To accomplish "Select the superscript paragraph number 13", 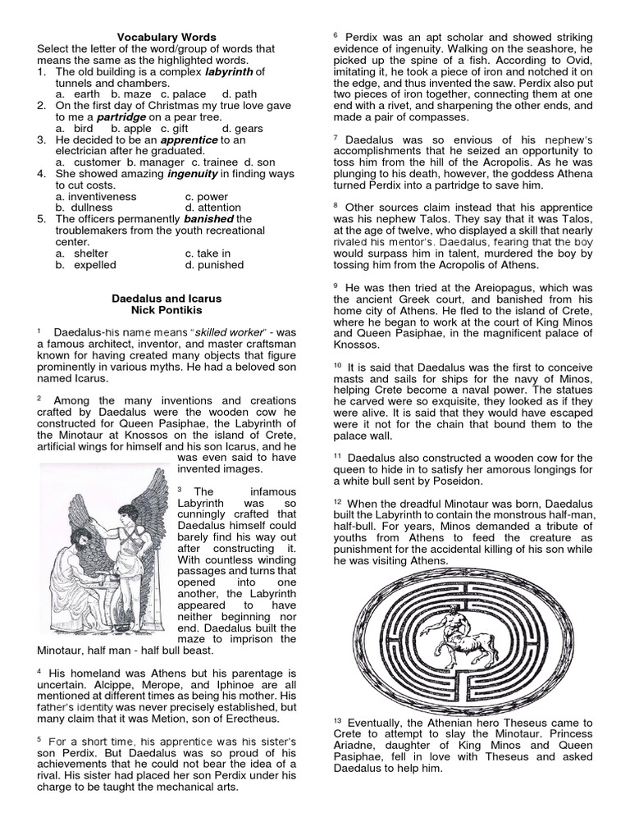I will pyautogui.click(x=337, y=720).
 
